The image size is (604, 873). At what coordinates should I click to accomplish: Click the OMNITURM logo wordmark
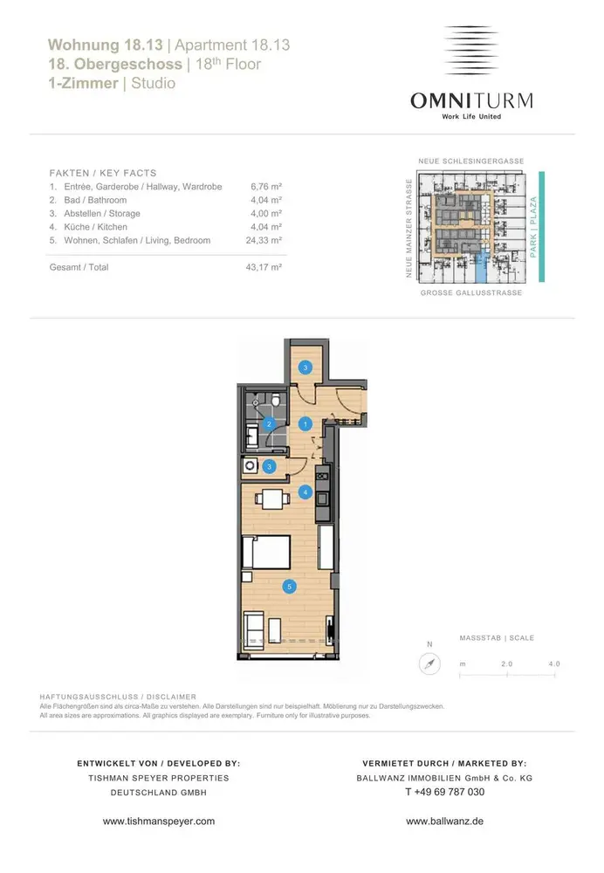click(471, 100)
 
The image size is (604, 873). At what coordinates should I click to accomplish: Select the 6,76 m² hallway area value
click(266, 187)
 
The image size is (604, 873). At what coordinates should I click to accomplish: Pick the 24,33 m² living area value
click(264, 241)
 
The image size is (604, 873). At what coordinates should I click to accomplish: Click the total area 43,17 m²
click(264, 267)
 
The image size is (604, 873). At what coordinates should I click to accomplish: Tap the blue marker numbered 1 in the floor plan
click(305, 424)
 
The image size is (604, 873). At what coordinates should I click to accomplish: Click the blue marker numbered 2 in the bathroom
click(270, 424)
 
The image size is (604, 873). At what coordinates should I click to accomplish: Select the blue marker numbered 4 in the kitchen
click(305, 492)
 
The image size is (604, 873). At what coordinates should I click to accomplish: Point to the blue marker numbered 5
click(290, 587)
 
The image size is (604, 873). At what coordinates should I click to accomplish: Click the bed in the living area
click(267, 553)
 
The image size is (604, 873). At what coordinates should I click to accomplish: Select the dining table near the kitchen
click(273, 498)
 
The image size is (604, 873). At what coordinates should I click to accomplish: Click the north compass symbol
click(429, 663)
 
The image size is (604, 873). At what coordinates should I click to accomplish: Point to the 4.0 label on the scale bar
click(554, 663)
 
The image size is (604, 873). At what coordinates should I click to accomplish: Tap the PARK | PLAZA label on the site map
click(533, 227)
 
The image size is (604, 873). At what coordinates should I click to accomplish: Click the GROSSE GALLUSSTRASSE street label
click(471, 292)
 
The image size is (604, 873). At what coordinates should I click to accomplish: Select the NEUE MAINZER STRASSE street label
click(409, 228)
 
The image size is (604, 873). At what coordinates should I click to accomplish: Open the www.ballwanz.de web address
click(445, 821)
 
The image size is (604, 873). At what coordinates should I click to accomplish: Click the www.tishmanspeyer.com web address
click(159, 821)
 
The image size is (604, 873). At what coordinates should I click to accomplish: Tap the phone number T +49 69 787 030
click(445, 793)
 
